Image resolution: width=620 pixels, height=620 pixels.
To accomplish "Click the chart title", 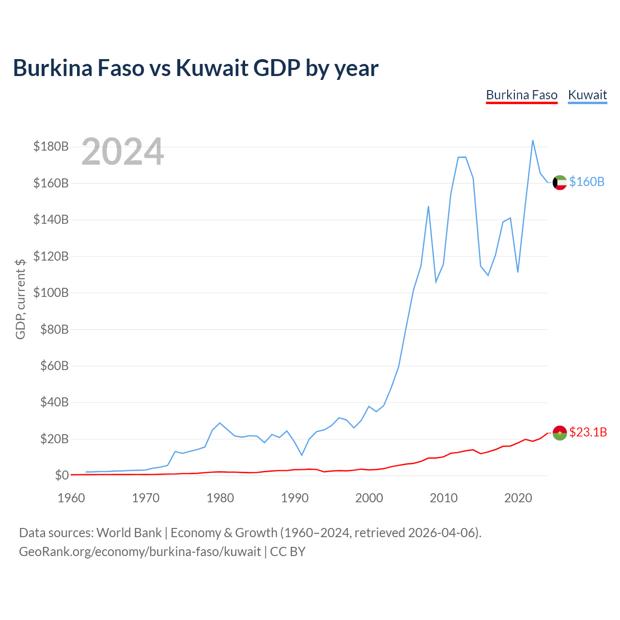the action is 196,68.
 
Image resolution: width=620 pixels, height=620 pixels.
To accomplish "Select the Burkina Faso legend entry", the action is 522,95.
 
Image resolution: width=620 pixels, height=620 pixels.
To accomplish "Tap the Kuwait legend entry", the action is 587,95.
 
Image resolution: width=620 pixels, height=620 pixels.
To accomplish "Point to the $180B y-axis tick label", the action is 51,146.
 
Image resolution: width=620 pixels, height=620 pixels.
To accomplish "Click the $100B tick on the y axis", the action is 51,293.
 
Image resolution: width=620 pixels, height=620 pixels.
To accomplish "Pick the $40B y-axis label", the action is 54,402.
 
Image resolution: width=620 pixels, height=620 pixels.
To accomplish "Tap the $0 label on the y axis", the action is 62,475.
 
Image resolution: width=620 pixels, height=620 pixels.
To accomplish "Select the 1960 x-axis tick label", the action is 71,498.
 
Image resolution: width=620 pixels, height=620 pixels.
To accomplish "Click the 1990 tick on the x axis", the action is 294,498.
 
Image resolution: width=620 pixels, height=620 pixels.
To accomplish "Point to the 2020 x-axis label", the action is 518,498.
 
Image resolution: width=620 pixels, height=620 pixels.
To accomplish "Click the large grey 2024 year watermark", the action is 123,151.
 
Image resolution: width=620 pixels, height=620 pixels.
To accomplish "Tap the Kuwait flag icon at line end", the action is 559,183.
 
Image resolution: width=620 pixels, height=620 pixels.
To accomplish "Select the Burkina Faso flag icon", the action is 559,433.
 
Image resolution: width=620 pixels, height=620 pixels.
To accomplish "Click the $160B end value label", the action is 587,182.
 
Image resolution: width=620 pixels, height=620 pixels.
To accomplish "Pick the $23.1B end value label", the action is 588,432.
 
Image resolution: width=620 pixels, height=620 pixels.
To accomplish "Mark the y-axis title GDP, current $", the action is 21,299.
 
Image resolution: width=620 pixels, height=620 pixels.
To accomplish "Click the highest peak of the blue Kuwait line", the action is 532,140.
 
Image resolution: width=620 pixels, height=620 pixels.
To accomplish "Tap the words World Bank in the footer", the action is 129,533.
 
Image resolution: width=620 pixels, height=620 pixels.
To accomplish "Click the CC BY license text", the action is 288,552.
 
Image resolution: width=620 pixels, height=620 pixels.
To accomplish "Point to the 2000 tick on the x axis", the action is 369,498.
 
